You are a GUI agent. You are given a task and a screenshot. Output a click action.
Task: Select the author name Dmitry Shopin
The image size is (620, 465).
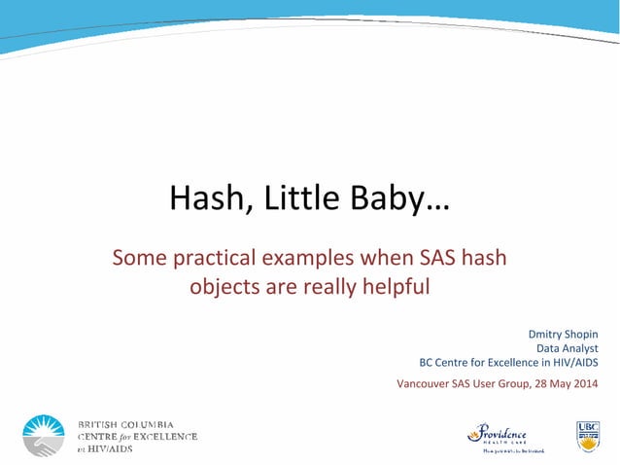563,334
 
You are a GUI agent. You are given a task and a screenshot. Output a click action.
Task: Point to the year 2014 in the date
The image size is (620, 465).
585,382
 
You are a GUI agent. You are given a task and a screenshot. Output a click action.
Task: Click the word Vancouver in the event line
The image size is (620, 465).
426,382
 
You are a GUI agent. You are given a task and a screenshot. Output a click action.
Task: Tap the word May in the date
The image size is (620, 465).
555,382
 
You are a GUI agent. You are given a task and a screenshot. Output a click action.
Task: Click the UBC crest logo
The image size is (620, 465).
587,435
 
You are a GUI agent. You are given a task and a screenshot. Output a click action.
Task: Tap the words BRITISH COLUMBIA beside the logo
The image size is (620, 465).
125,424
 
